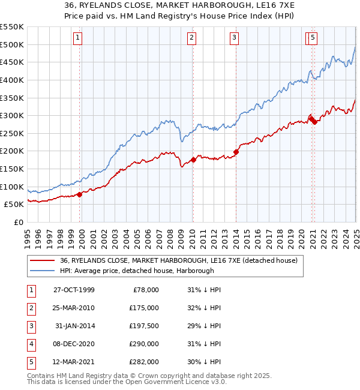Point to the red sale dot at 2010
click(193, 160)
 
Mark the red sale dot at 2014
click(236, 152)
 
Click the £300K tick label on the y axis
click(12, 115)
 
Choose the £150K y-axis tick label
click(12, 169)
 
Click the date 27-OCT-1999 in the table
click(74, 290)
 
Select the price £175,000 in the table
click(144, 308)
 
